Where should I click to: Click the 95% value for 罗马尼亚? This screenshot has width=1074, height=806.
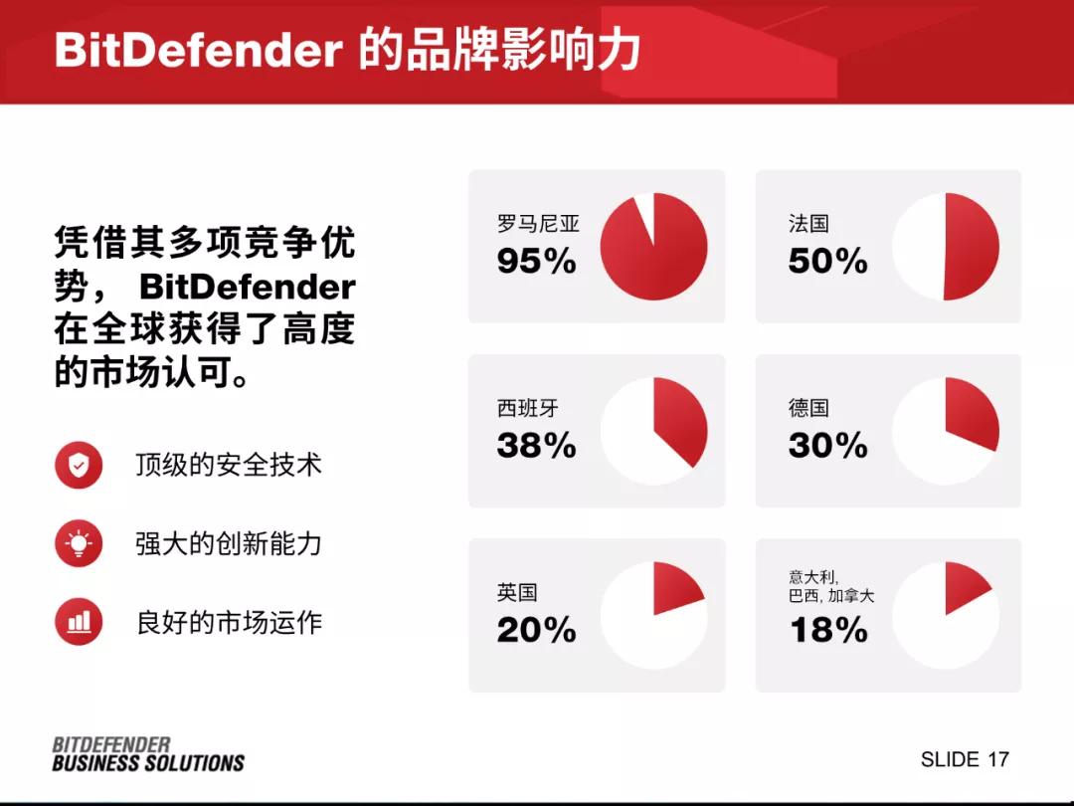point(536,262)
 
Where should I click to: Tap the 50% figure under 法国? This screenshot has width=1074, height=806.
point(827,262)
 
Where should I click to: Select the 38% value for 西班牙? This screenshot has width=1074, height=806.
point(536,446)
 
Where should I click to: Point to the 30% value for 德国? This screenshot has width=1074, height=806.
point(827,446)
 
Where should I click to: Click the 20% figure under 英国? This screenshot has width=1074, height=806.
point(536,630)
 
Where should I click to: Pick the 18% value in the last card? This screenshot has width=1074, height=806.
point(827,630)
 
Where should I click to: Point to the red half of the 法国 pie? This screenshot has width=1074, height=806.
point(972,247)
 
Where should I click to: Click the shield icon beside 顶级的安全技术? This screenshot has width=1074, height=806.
point(79,465)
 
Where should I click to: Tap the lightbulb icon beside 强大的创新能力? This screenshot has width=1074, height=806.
point(79,543)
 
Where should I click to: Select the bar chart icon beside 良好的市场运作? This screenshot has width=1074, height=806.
point(79,622)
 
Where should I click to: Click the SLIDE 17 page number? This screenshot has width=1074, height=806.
point(964,759)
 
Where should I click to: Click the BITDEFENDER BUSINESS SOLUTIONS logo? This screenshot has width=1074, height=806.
point(147,754)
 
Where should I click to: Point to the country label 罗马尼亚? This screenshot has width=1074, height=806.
point(537,223)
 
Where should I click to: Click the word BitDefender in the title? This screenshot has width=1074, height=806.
point(198,51)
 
